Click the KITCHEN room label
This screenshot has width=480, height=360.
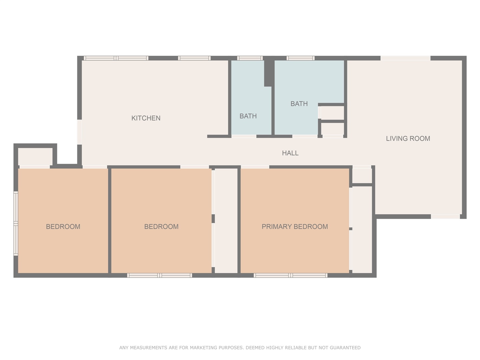(146, 118)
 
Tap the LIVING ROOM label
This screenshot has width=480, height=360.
(408, 138)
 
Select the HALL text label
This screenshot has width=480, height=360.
(290, 153)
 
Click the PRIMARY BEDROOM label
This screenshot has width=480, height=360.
(295, 227)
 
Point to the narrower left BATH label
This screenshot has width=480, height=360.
(248, 116)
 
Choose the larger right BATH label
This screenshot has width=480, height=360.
(299, 104)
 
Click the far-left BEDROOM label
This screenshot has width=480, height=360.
(63, 227)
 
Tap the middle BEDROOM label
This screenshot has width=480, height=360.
(161, 227)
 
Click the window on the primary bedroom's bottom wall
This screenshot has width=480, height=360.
(290, 275)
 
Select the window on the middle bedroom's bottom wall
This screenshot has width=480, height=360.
(160, 275)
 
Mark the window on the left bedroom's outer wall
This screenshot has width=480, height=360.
(16, 223)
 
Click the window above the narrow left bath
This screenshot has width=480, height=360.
(250, 58)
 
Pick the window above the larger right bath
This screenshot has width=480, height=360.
(300, 58)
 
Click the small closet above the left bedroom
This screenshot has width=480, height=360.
(35, 156)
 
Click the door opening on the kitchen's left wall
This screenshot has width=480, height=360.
(79, 132)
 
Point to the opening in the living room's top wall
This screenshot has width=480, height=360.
(405, 58)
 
